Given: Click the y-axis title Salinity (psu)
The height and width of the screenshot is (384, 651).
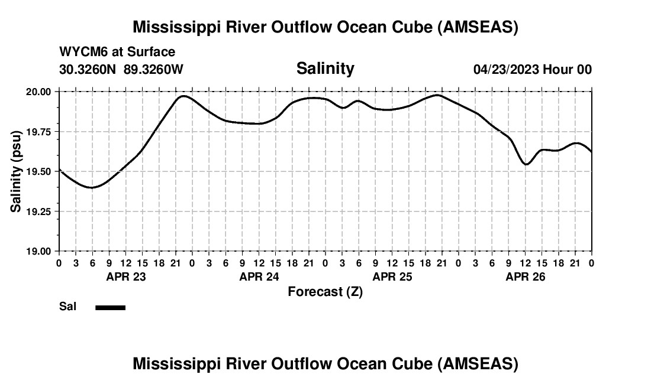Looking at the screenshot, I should coord(16,171).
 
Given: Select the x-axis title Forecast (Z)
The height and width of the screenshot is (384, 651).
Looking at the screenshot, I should coord(325,291).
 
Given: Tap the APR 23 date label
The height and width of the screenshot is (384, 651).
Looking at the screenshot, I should coord(125,276).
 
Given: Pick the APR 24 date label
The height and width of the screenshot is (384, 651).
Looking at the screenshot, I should coord(259,276).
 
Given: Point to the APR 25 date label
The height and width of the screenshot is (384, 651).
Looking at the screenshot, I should coord(392,276).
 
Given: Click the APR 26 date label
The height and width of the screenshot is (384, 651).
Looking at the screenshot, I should coord(525,276).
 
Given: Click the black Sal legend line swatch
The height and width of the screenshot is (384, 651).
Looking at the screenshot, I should coord(110,307).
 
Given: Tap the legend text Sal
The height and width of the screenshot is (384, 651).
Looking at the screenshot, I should coord(67,307).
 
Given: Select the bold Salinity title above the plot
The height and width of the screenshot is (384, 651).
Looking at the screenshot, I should coord(325,69).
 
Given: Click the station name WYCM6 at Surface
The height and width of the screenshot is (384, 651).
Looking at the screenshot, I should coord(117,52).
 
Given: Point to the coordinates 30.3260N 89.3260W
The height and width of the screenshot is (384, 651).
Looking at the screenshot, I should coord(121,69).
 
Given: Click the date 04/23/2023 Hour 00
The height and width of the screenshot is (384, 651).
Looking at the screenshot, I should coord(532,69).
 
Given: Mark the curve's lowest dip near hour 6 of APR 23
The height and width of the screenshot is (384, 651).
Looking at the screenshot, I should coord(91,187).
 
